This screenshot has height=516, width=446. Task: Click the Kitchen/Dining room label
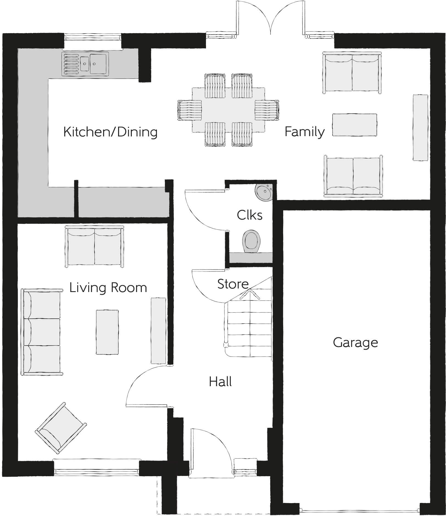pos(110,132)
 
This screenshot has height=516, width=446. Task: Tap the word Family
pos(304,132)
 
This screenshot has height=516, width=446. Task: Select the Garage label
pos(355,343)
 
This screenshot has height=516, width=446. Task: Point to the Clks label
pos(249,215)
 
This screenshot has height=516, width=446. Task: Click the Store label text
pos(233,284)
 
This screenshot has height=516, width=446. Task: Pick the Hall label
pos(220,382)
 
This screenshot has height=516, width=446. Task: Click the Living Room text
pos(108,288)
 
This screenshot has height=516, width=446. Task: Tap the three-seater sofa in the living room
pos(42,332)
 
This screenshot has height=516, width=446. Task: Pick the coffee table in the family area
pos(354,125)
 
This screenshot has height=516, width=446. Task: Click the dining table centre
pos(228,110)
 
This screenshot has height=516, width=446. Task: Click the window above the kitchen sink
pos(93,37)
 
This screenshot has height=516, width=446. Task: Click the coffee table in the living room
pos(107,332)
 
